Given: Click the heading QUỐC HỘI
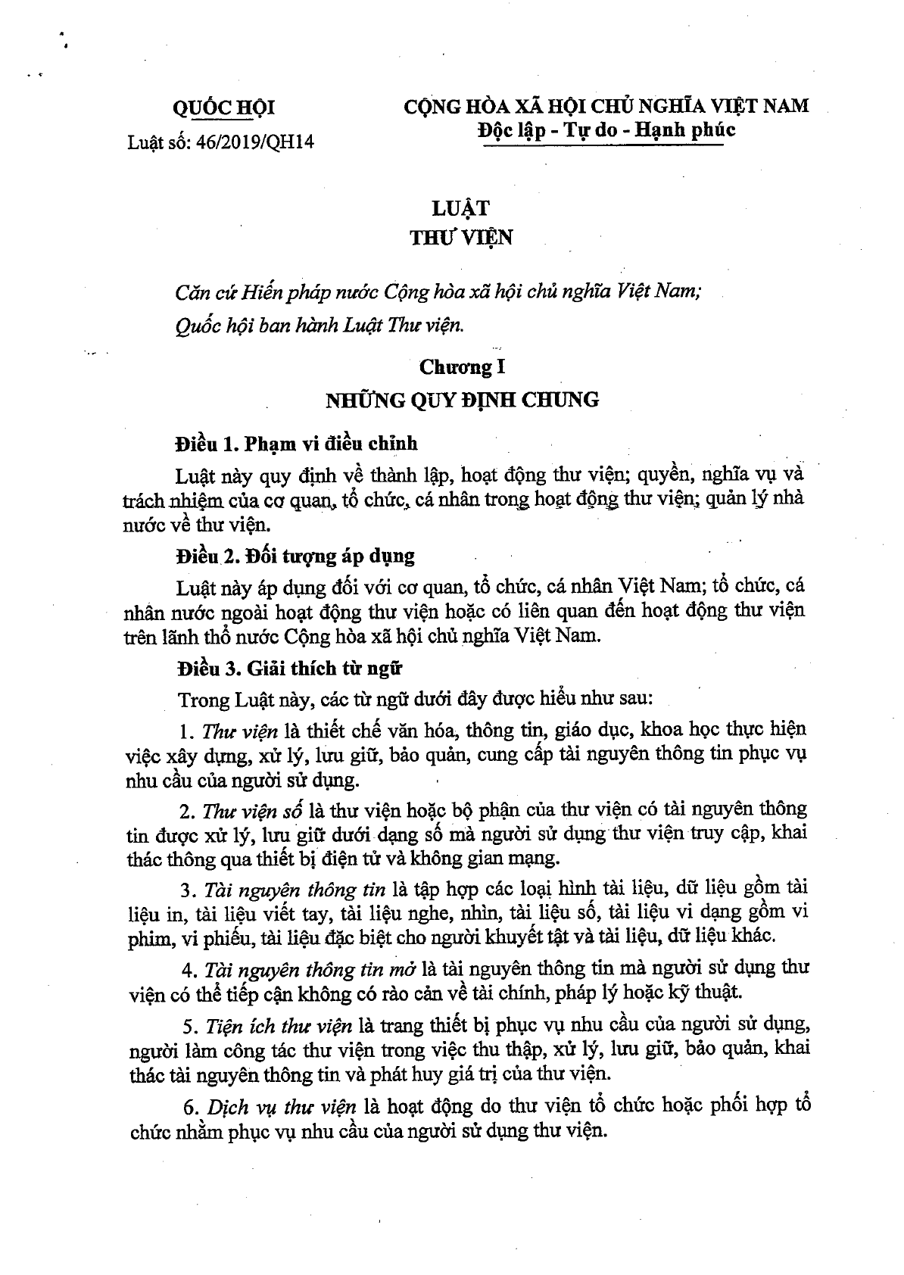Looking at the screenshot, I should [223, 108].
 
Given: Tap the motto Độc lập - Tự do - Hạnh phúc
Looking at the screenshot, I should [606, 129].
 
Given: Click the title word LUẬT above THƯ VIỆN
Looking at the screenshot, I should [462, 207].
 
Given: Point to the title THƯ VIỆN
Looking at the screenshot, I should [461, 238].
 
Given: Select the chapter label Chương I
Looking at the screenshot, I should [462, 368].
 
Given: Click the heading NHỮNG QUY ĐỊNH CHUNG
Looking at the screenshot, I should [462, 400].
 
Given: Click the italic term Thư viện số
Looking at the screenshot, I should [252, 810].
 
